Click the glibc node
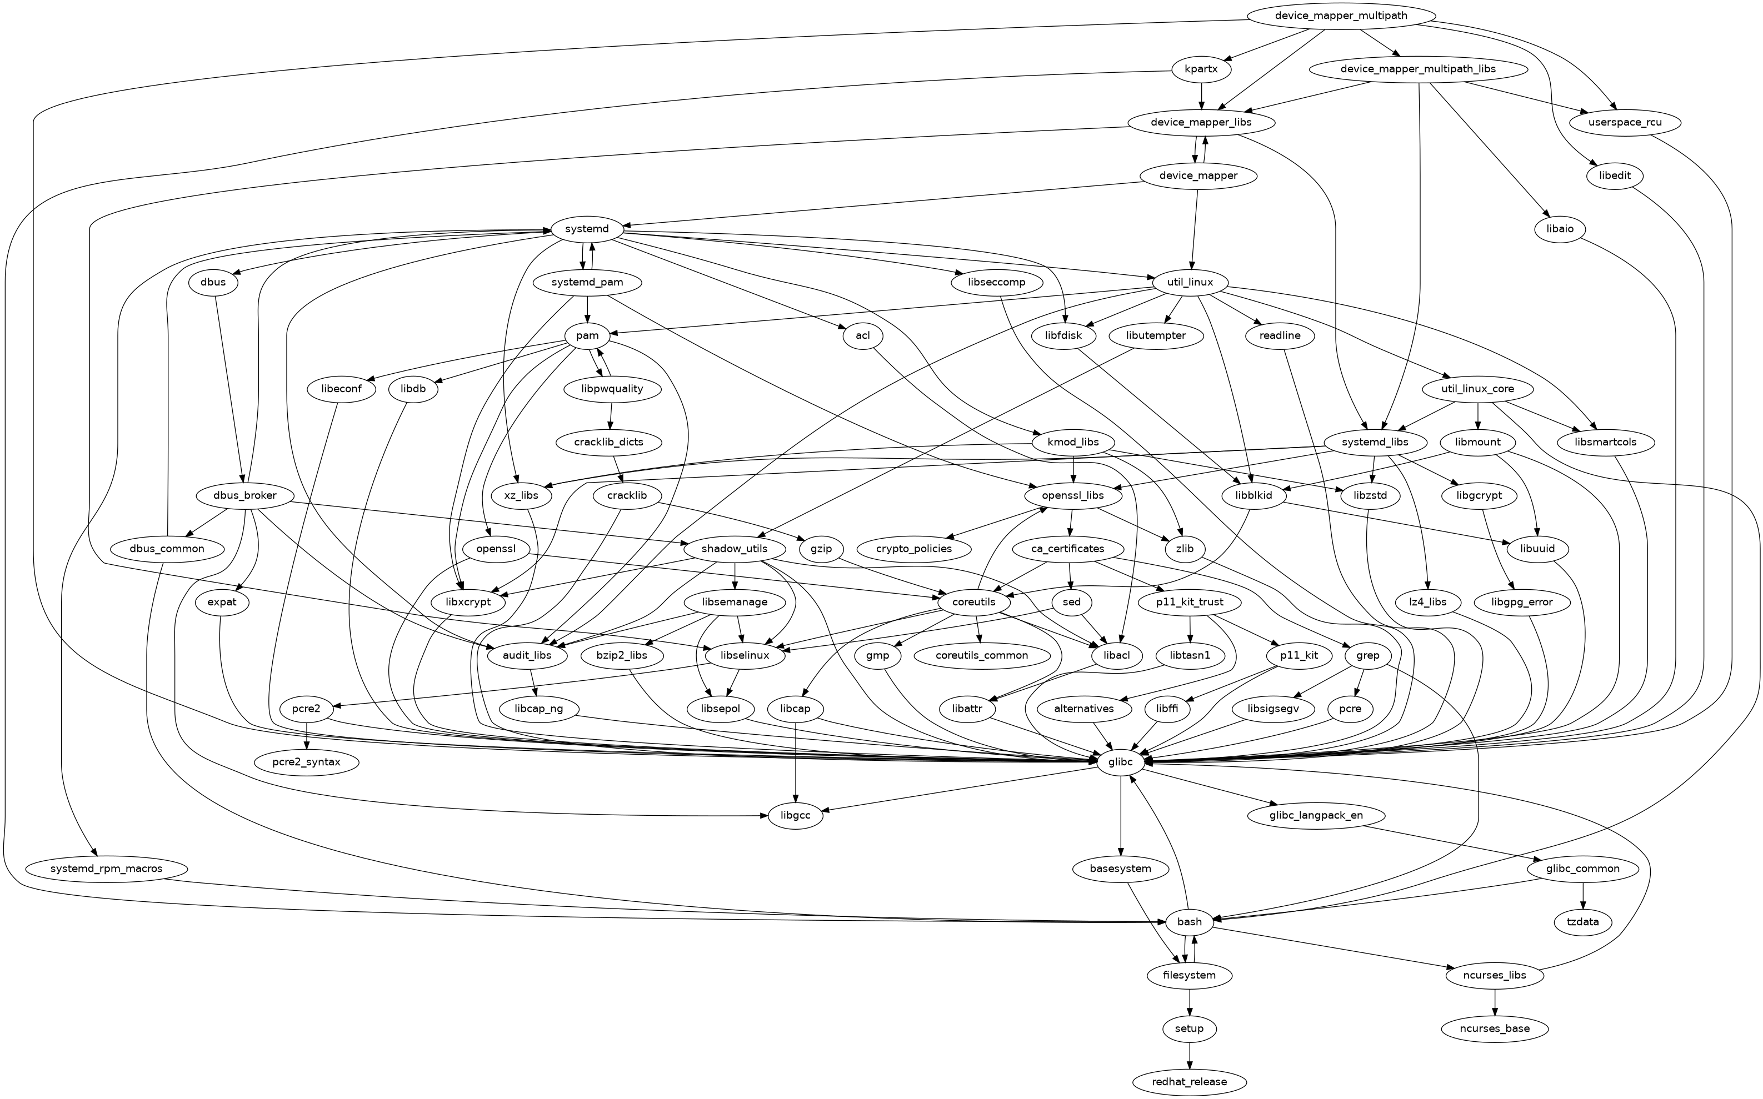coord(1121,762)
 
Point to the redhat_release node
coord(1190,1082)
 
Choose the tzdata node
coord(1583,922)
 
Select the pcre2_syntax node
coord(307,762)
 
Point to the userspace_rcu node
coord(1626,122)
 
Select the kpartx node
coord(1202,69)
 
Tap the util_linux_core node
coord(1478,389)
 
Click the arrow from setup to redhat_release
coord(1190,1055)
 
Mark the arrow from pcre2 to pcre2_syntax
coord(307,736)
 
